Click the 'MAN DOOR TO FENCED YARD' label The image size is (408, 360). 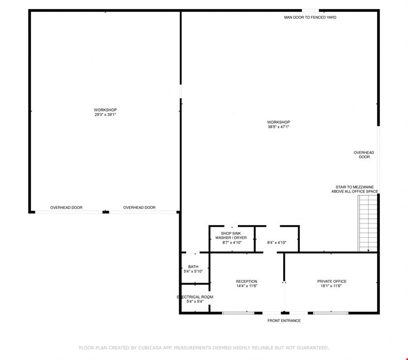pyautogui.click(x=310, y=18)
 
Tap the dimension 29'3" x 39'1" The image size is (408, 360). pyautogui.click(x=105, y=115)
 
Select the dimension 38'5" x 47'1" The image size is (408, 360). pyautogui.click(x=278, y=127)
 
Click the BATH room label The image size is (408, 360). pyautogui.click(x=193, y=267)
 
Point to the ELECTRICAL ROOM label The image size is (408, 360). pyautogui.click(x=195, y=297)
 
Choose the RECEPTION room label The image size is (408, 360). pyautogui.click(x=246, y=282)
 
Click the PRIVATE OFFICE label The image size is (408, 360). pyautogui.click(x=332, y=282)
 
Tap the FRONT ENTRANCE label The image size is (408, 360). pyautogui.click(x=284, y=321)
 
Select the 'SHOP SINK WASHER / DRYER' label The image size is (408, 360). pyautogui.click(x=231, y=236)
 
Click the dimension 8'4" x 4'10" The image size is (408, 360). pyautogui.click(x=277, y=243)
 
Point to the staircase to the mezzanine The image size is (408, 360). pyautogui.click(x=367, y=223)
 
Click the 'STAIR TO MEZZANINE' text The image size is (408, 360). pyautogui.click(x=354, y=187)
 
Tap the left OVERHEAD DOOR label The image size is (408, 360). pyautogui.click(x=66, y=207)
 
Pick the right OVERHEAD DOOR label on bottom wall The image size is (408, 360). pyautogui.click(x=139, y=207)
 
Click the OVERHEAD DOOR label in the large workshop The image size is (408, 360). pyautogui.click(x=364, y=155)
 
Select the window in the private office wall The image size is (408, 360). pyautogui.click(x=331, y=313)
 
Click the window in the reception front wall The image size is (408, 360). pyautogui.click(x=238, y=313)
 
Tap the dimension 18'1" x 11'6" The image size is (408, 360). pyautogui.click(x=331, y=286)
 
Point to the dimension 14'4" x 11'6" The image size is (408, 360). pyautogui.click(x=247, y=286)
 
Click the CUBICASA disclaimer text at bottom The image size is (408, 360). pyautogui.click(x=204, y=348)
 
